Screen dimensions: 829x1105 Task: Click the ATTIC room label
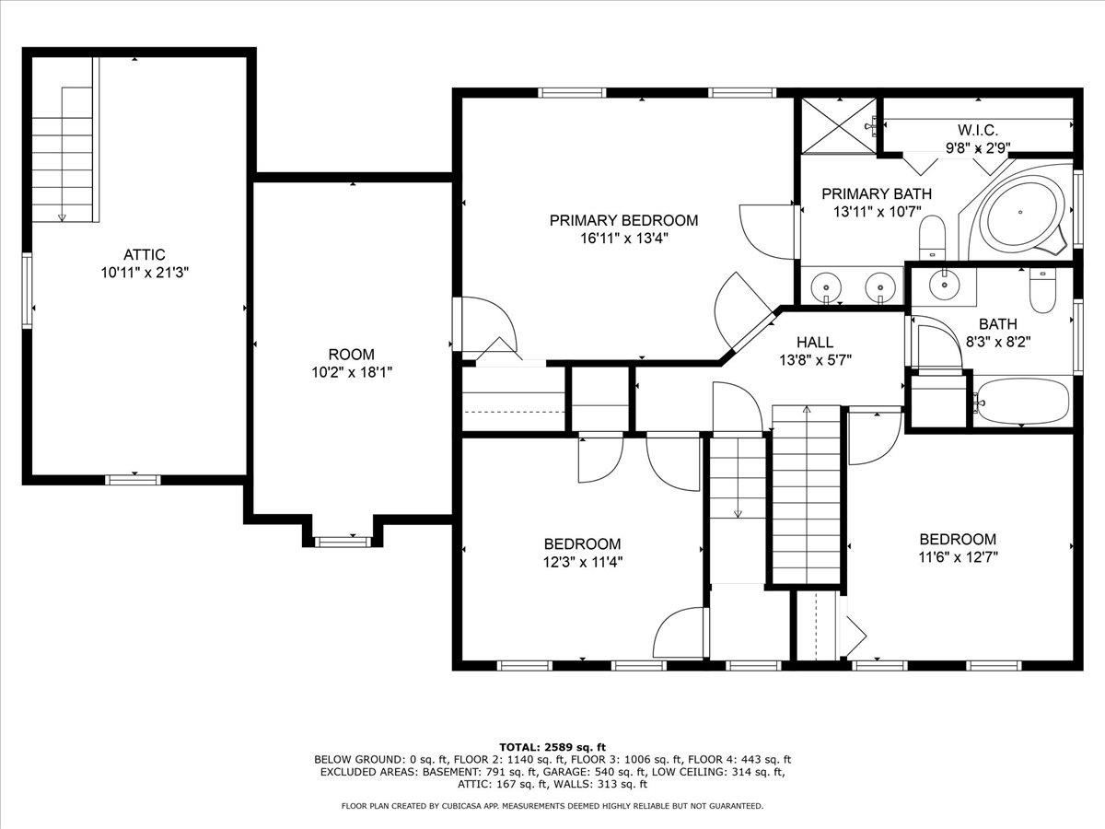coord(145,254)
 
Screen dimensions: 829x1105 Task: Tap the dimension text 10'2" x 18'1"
coord(351,373)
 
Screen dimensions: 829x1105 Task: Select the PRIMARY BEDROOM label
coord(623,220)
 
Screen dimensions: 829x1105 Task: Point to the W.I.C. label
coord(977,130)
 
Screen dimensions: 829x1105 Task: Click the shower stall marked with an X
coord(837,124)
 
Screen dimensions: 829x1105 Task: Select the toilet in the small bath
coord(1042,290)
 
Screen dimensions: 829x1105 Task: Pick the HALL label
coord(815,342)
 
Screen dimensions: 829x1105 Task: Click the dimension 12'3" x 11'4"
coord(582,562)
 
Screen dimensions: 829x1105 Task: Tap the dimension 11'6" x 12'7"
coord(958,556)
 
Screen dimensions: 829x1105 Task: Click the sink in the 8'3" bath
coord(943,285)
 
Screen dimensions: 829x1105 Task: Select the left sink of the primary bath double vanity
coord(826,287)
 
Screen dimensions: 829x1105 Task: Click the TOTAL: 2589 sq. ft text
coord(552,746)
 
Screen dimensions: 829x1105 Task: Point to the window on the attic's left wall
coord(28,290)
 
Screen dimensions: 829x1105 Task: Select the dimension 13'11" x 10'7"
coord(876,211)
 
